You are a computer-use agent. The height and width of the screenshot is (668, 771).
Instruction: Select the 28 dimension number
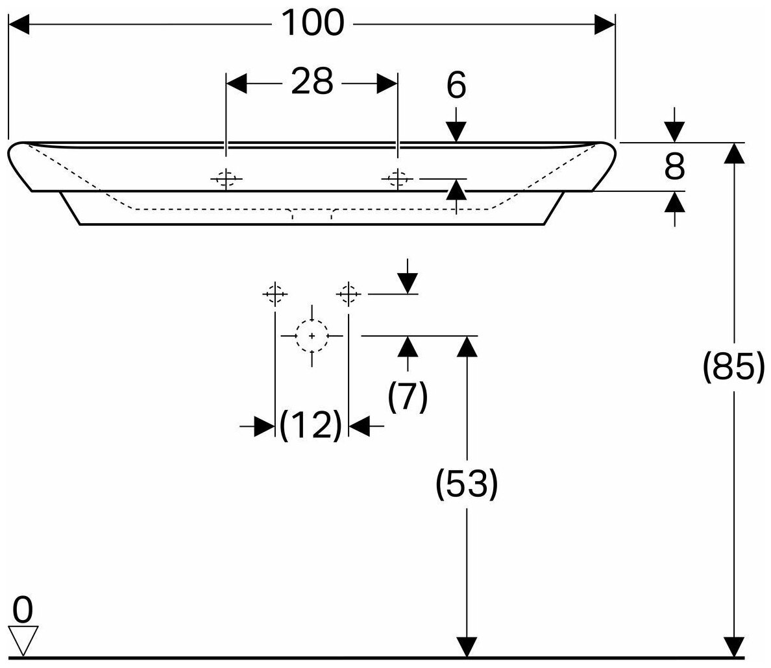coord(312,82)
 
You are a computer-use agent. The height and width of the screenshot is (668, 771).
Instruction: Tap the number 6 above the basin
coord(456,86)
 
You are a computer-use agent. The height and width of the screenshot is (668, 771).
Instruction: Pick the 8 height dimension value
coord(675,167)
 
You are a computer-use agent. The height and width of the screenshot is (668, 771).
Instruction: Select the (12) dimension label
coord(311,425)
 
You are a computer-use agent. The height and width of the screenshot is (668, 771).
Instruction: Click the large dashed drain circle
coord(312,336)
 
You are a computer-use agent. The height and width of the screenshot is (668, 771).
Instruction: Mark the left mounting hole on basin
coord(226,178)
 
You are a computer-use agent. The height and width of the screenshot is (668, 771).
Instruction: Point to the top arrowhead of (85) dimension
coord(734,152)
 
